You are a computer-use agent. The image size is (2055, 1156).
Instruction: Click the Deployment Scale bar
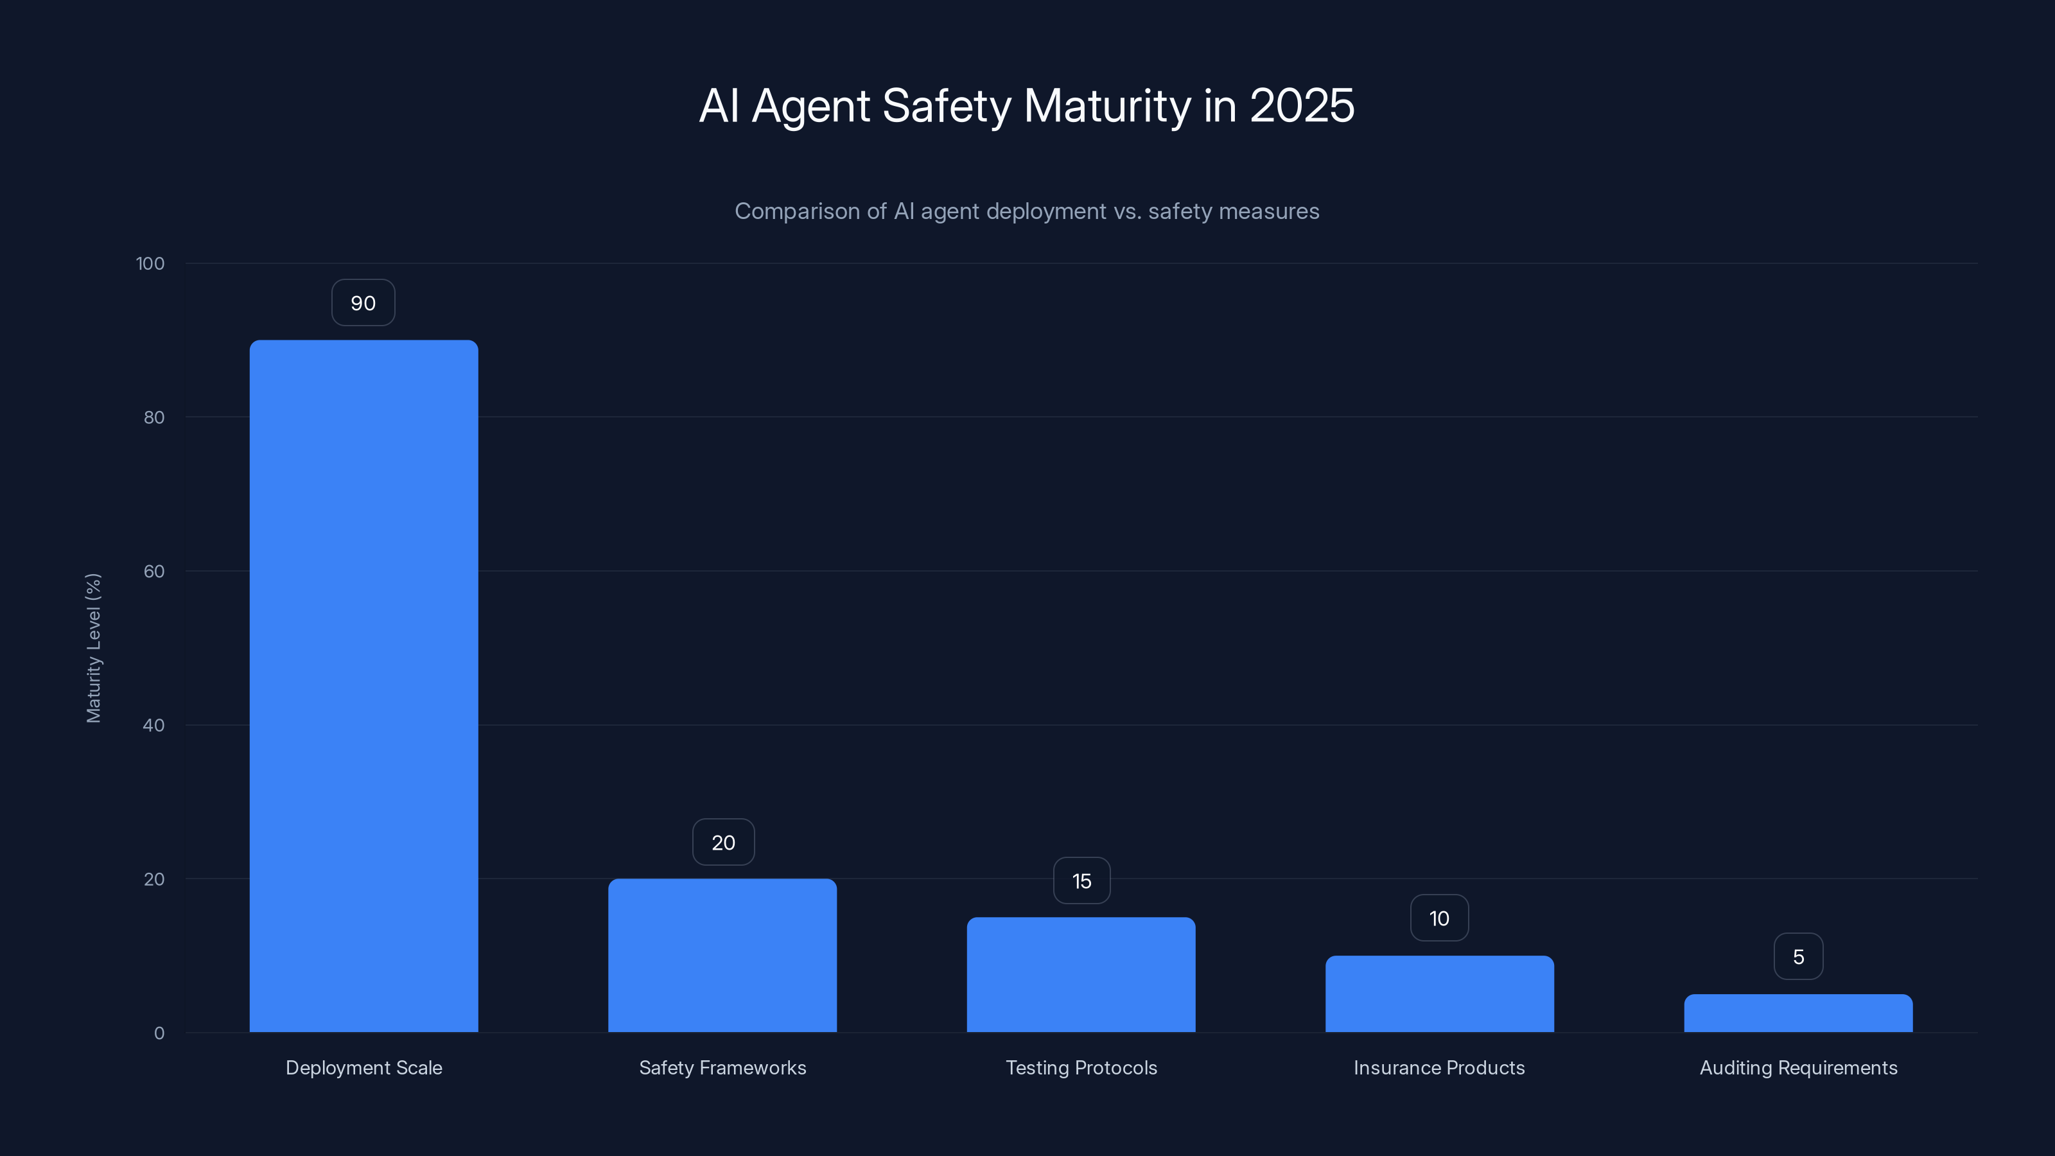(x=363, y=686)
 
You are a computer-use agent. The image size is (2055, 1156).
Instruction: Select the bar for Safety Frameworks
(x=722, y=955)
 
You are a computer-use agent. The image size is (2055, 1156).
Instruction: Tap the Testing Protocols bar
(x=1081, y=974)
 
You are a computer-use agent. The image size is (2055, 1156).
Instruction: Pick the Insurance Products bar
(x=1439, y=994)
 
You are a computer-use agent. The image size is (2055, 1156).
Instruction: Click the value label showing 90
(x=363, y=303)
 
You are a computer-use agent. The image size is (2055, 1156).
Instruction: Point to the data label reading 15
(x=1081, y=880)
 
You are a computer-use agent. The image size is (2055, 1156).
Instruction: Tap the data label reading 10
(x=1439, y=918)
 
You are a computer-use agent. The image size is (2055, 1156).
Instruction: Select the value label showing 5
(x=1798, y=956)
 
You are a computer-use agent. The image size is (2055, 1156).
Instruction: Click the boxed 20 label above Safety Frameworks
(x=722, y=843)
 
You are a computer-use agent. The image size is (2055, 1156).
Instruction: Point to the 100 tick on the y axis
(x=150, y=263)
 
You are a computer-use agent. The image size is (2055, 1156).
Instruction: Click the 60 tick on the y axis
(x=154, y=571)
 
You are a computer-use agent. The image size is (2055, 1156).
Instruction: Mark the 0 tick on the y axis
(x=159, y=1033)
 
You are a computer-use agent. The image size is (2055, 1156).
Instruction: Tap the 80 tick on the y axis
(x=154, y=417)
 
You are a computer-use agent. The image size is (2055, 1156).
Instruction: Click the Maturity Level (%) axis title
(x=93, y=648)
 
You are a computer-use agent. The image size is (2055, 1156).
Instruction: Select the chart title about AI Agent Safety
(x=1027, y=105)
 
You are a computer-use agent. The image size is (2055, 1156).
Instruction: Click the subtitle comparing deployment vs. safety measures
(x=1027, y=211)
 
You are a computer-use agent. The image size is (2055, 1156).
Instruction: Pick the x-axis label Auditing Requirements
(x=1798, y=1067)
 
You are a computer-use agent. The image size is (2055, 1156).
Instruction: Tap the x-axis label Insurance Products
(x=1439, y=1067)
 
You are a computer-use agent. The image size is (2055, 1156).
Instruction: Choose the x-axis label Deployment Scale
(x=363, y=1067)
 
